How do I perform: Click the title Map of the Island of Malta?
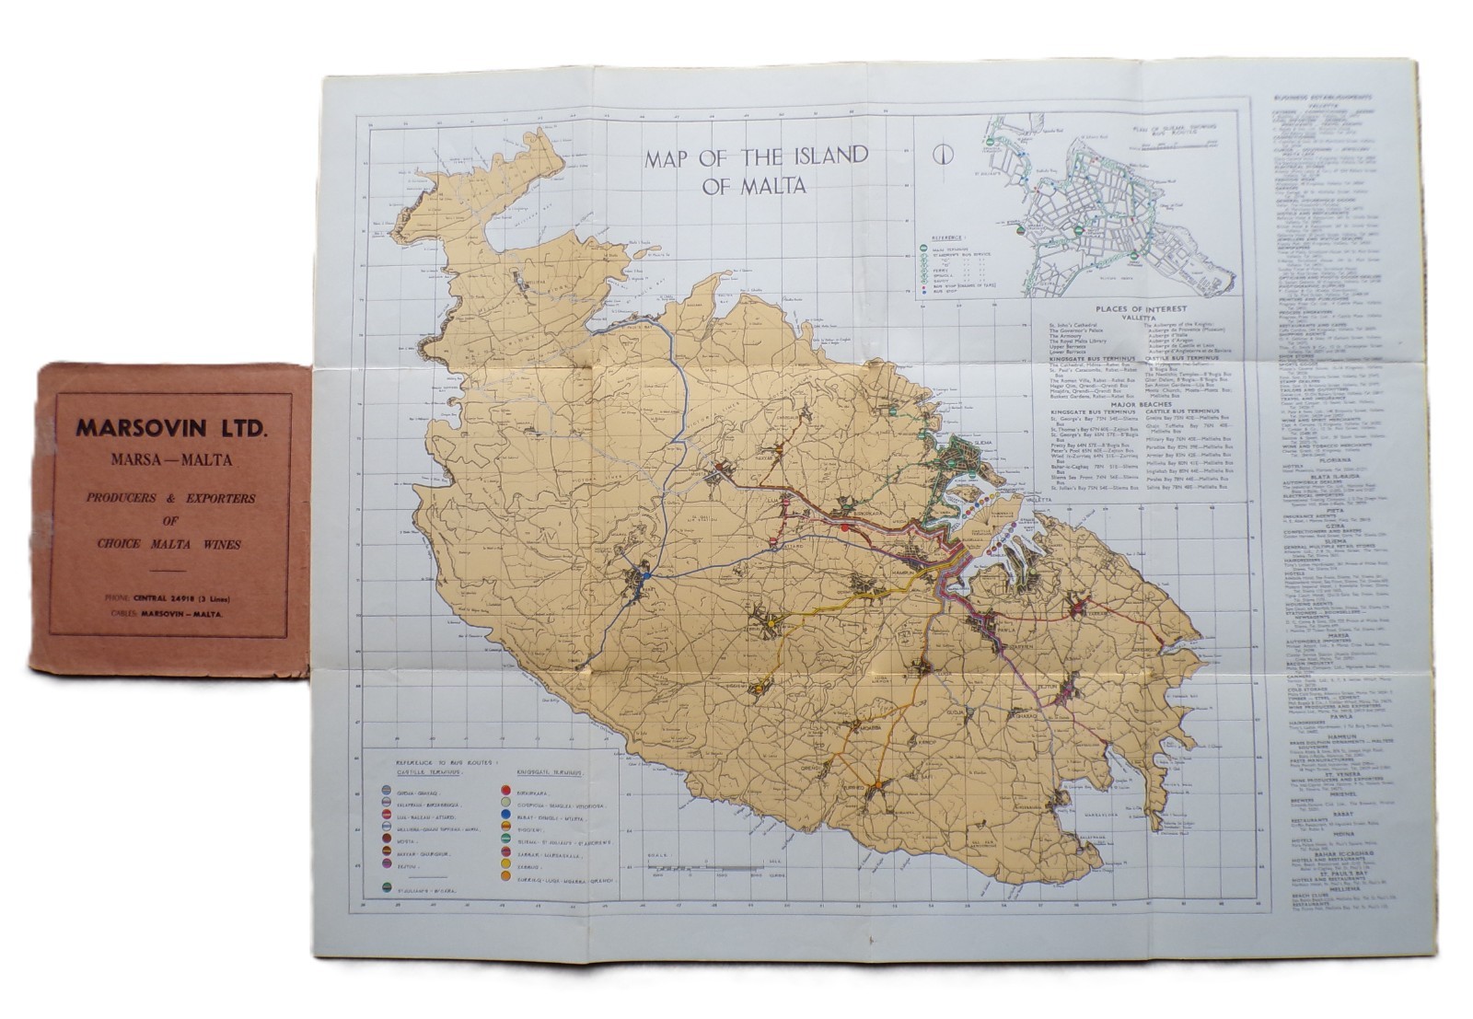(756, 169)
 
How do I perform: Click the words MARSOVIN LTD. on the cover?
(171, 428)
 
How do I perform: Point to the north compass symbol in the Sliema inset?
(943, 154)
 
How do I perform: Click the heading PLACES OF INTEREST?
(1141, 309)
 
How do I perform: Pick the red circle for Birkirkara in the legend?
(505, 790)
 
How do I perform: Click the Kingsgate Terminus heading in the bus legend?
(550, 772)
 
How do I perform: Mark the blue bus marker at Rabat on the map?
(647, 575)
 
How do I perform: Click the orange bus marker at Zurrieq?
(878, 784)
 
